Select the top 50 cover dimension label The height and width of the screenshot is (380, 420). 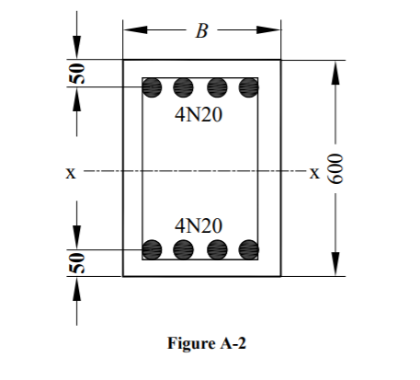[78, 75]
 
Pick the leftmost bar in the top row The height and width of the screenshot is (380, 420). [153, 88]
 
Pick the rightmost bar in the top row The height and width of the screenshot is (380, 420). [248, 88]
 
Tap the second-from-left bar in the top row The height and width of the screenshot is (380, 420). [184, 88]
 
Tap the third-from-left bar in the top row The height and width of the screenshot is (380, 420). [217, 88]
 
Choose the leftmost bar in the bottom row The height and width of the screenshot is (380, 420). [153, 248]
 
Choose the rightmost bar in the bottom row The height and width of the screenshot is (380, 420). [248, 248]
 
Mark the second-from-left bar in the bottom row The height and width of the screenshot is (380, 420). [184, 248]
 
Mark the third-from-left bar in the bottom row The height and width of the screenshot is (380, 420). [217, 248]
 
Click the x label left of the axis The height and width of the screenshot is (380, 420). [70, 171]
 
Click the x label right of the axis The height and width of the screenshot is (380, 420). [315, 171]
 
